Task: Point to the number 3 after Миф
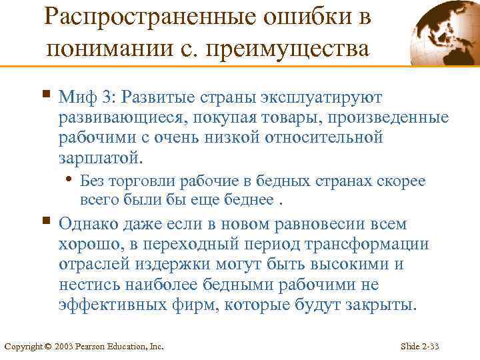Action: [107, 99]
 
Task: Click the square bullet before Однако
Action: [45, 221]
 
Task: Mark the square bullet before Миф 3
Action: [45, 95]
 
